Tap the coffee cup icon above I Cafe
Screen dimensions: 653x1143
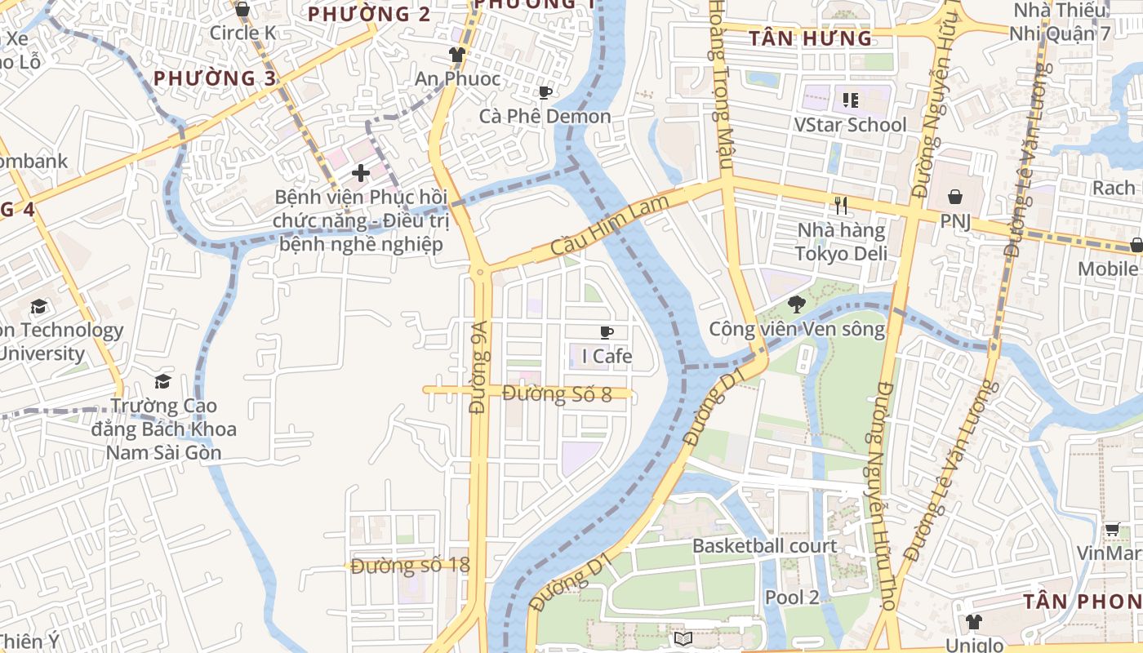[x=607, y=332]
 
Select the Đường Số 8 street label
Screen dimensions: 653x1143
[x=557, y=394]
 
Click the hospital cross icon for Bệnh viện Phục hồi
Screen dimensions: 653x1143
[x=361, y=173]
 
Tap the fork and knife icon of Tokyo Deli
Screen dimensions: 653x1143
[x=842, y=206]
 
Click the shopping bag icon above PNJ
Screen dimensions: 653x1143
[x=954, y=197]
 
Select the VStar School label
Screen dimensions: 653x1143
[x=850, y=125]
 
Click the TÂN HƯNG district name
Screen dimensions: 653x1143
[x=810, y=38]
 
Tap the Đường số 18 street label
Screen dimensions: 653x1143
[x=411, y=565]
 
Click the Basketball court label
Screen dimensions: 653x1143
[x=764, y=546]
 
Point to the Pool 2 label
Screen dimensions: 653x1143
[x=791, y=597]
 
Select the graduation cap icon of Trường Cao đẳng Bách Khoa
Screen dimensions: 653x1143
[x=163, y=382]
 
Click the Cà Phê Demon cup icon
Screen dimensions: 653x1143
[x=545, y=93]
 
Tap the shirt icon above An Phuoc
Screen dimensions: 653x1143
[x=456, y=56]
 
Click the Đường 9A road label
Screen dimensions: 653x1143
[x=479, y=367]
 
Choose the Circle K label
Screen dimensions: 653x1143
[x=242, y=33]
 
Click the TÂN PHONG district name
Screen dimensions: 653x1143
[x=1082, y=602]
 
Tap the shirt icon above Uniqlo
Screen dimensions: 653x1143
[x=973, y=622]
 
